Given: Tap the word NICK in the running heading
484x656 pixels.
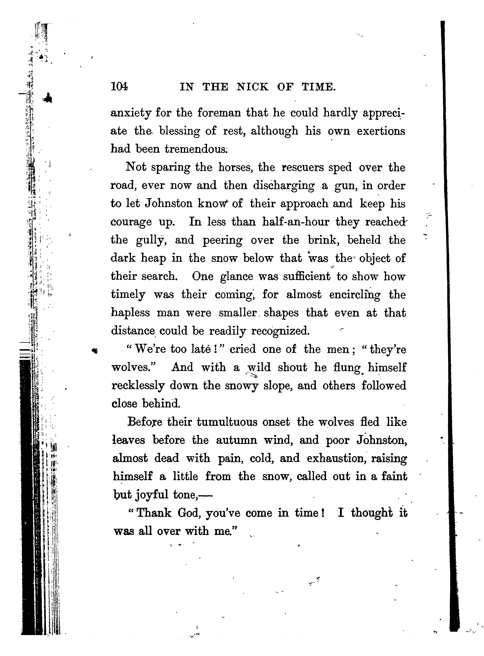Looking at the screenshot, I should pyautogui.click(x=252, y=87).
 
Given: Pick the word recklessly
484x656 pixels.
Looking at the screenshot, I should pyautogui.click(x=137, y=386).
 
